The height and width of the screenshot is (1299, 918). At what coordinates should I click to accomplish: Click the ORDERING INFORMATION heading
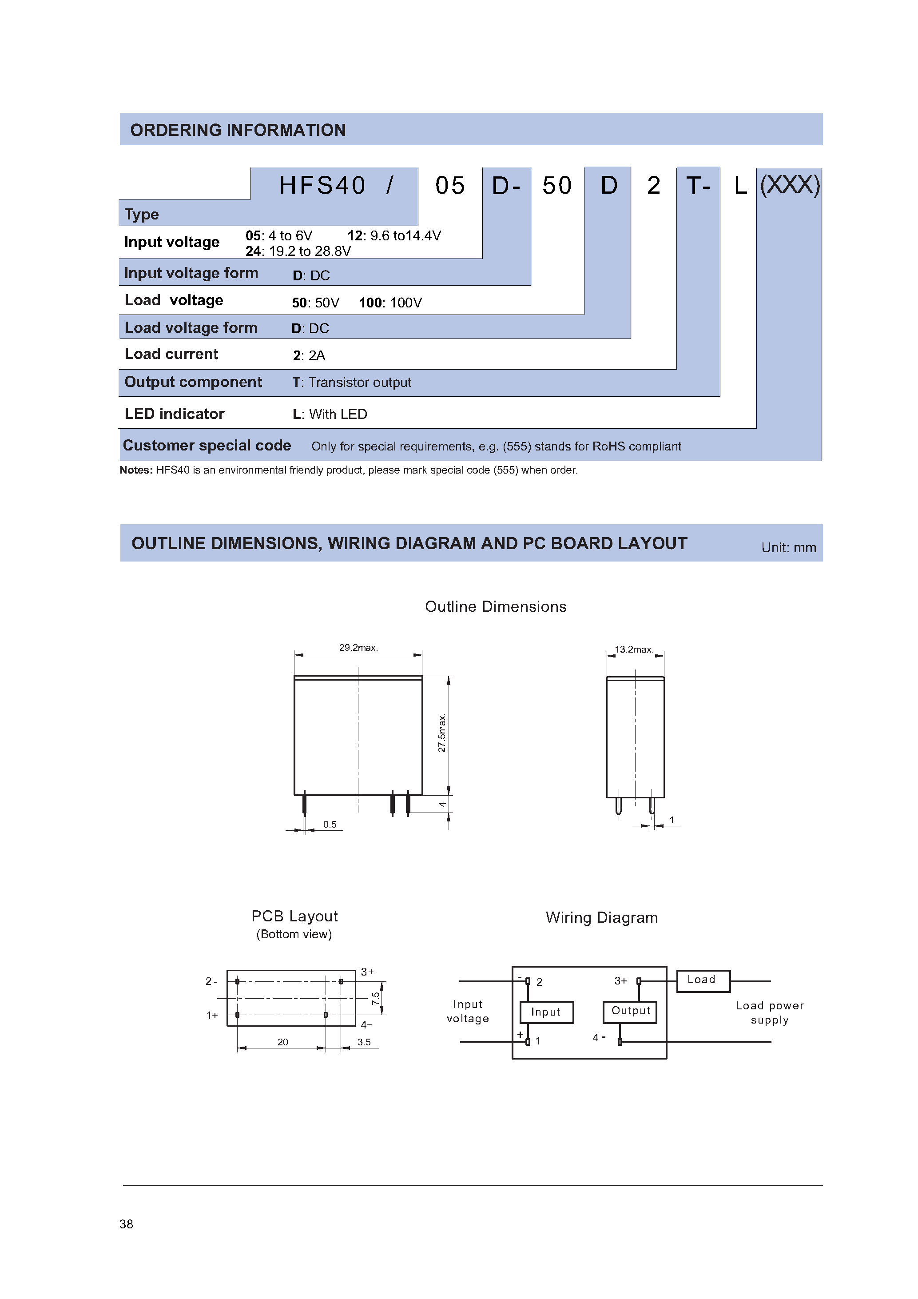click(238, 130)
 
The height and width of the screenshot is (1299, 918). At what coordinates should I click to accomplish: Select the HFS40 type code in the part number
click(322, 186)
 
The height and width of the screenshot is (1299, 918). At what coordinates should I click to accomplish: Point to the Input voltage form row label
click(191, 273)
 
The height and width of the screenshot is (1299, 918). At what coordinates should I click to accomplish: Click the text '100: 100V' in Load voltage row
click(390, 303)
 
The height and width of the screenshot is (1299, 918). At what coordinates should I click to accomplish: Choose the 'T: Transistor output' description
click(352, 383)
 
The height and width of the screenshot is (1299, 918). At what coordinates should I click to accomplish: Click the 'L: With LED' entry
click(330, 414)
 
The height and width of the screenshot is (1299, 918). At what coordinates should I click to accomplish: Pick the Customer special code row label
click(207, 446)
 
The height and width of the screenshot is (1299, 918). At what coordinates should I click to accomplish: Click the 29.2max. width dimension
click(358, 648)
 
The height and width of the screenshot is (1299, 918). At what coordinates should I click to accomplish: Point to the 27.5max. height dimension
click(442, 733)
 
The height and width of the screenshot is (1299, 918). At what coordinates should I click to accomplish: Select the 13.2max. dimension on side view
click(634, 649)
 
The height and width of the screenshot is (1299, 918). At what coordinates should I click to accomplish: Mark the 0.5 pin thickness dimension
click(330, 825)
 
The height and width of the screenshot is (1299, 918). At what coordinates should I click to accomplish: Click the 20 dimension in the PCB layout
click(283, 1042)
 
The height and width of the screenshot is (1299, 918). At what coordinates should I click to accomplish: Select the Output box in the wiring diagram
click(630, 1011)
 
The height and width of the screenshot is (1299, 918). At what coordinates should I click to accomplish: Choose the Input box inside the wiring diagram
click(546, 1012)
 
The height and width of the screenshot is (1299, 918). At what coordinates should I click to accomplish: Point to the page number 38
click(126, 1224)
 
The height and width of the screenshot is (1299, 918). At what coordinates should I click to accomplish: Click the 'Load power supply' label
click(769, 1013)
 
